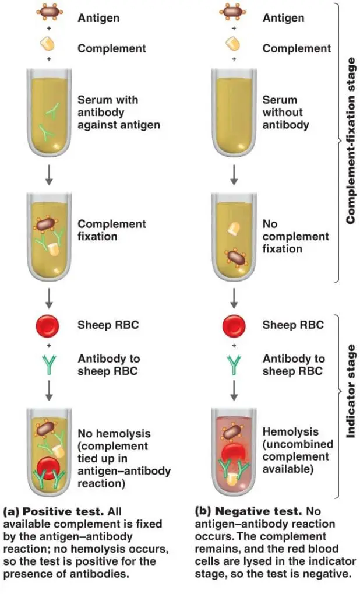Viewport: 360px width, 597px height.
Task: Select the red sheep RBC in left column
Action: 49,325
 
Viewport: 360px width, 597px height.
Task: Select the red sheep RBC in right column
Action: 234,325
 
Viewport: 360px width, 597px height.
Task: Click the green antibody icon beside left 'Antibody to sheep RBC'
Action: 49,365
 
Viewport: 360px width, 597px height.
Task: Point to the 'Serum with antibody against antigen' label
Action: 118,112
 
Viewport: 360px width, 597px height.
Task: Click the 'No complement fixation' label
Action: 295,236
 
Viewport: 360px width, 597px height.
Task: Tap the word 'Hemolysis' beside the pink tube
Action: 290,432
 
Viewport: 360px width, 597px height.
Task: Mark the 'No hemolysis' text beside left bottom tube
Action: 114,433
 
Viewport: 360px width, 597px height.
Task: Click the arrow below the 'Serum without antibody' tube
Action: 234,174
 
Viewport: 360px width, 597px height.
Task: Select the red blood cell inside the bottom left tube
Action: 49,467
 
